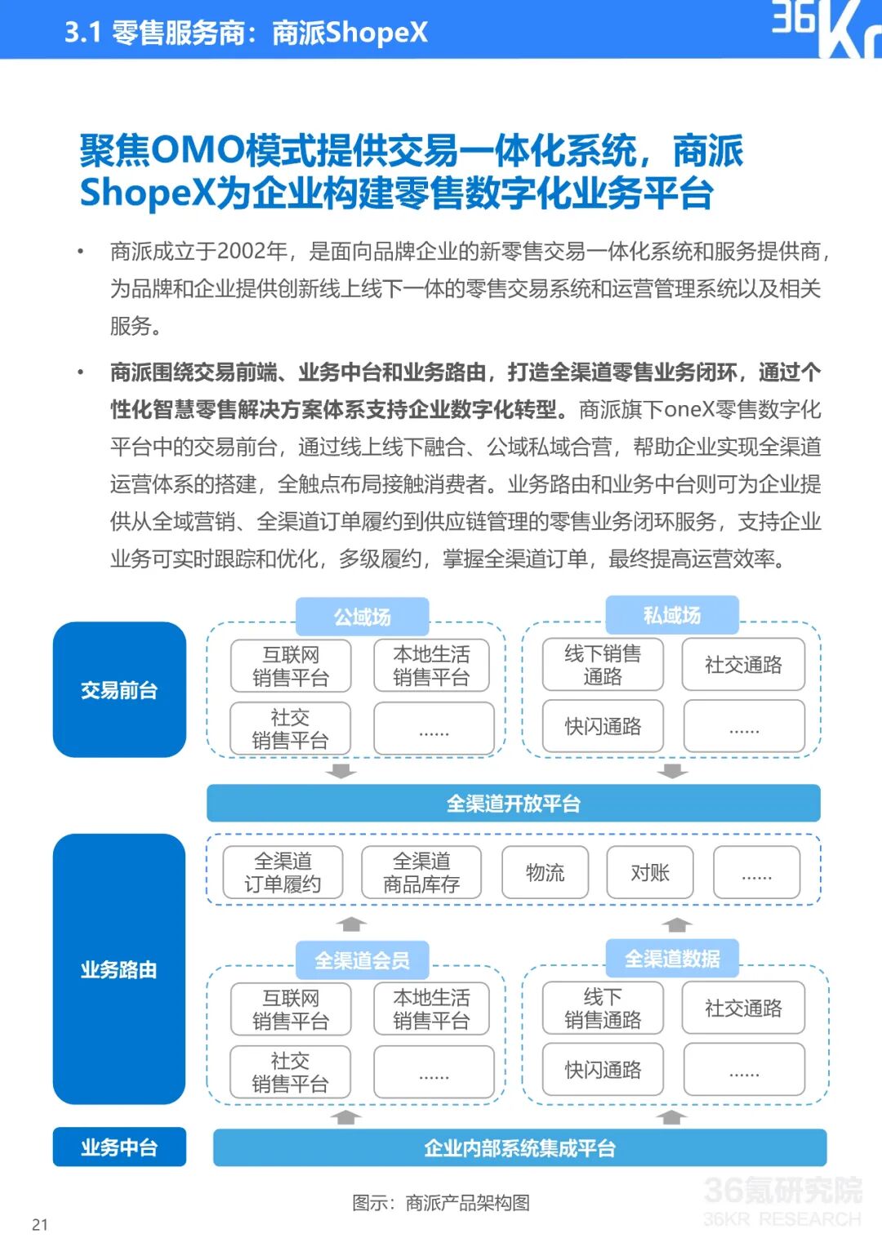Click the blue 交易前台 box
[x=119, y=690]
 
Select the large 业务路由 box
[x=119, y=969]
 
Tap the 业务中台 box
[x=119, y=1147]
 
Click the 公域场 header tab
[x=362, y=617]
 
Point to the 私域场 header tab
[x=671, y=615]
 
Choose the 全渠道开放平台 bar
[x=513, y=804]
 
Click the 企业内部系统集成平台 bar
[x=519, y=1148]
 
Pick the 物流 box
[x=545, y=873]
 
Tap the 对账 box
[x=650, y=873]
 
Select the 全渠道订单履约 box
[x=283, y=873]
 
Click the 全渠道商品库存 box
[x=421, y=873]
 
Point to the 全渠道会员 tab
[x=362, y=960]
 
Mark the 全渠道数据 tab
[x=671, y=959]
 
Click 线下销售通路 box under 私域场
[x=603, y=665]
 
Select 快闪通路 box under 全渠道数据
[x=603, y=1070]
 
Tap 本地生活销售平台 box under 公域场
[x=431, y=666]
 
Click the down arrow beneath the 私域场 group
[x=673, y=771]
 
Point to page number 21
[x=40, y=1224]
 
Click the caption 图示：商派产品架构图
[x=441, y=1202]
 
